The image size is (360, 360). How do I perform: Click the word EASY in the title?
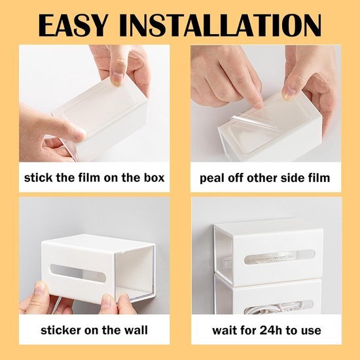(x=73, y=26)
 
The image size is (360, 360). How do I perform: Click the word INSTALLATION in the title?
(x=220, y=26)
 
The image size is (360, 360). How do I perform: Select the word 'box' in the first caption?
(x=154, y=177)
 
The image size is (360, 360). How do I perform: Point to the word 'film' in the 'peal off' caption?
(x=319, y=177)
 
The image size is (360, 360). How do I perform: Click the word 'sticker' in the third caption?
(x=61, y=330)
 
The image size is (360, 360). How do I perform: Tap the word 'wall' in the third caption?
(x=136, y=330)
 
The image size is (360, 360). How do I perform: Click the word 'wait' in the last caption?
(x=224, y=331)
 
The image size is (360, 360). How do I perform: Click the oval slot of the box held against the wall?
(x=78, y=273)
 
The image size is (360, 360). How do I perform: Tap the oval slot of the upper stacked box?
(x=279, y=257)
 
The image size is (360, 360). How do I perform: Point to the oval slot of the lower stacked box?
(x=278, y=306)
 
